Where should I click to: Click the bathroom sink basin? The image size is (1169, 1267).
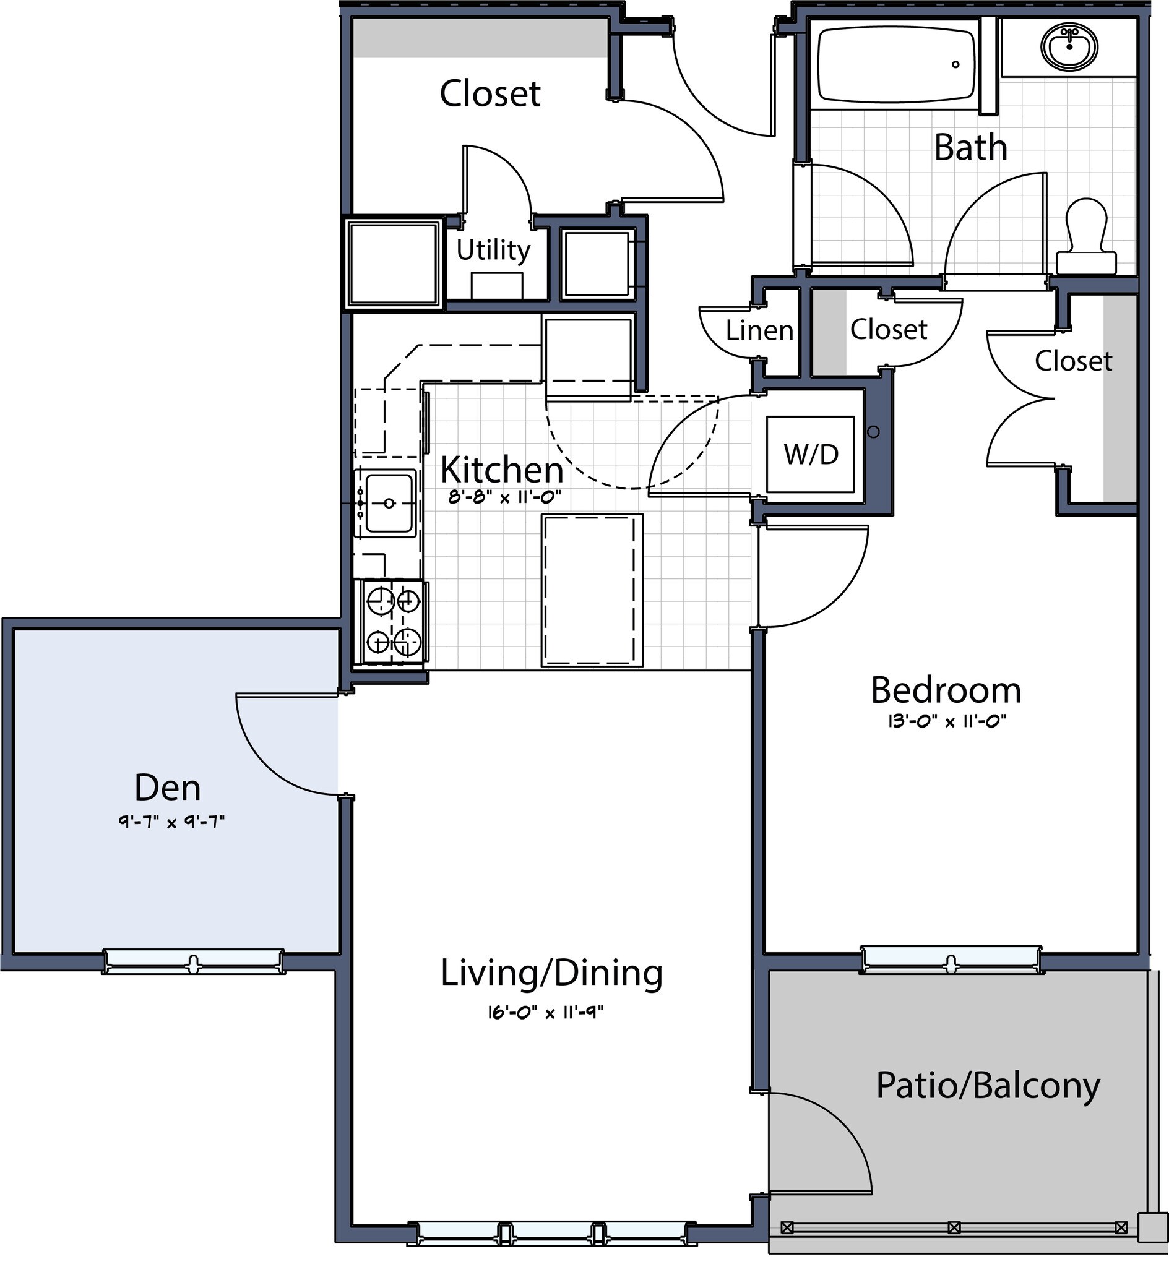point(1069,46)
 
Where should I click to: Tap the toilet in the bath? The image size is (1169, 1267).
point(1086,237)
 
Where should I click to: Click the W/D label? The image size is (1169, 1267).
point(810,454)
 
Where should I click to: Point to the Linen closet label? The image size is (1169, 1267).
point(759,330)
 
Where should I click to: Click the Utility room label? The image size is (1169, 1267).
point(493,251)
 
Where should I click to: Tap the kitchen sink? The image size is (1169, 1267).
point(387,502)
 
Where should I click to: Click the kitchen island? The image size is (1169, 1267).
point(592,590)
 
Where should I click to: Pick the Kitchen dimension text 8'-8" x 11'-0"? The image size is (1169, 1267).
point(504,497)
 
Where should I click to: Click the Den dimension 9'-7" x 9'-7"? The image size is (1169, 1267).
point(171,822)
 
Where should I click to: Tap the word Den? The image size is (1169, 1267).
point(167,787)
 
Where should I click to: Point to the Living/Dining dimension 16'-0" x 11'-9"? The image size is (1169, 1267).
point(545,1012)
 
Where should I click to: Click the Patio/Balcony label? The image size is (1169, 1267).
point(988,1086)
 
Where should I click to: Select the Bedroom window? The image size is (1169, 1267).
point(951,960)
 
